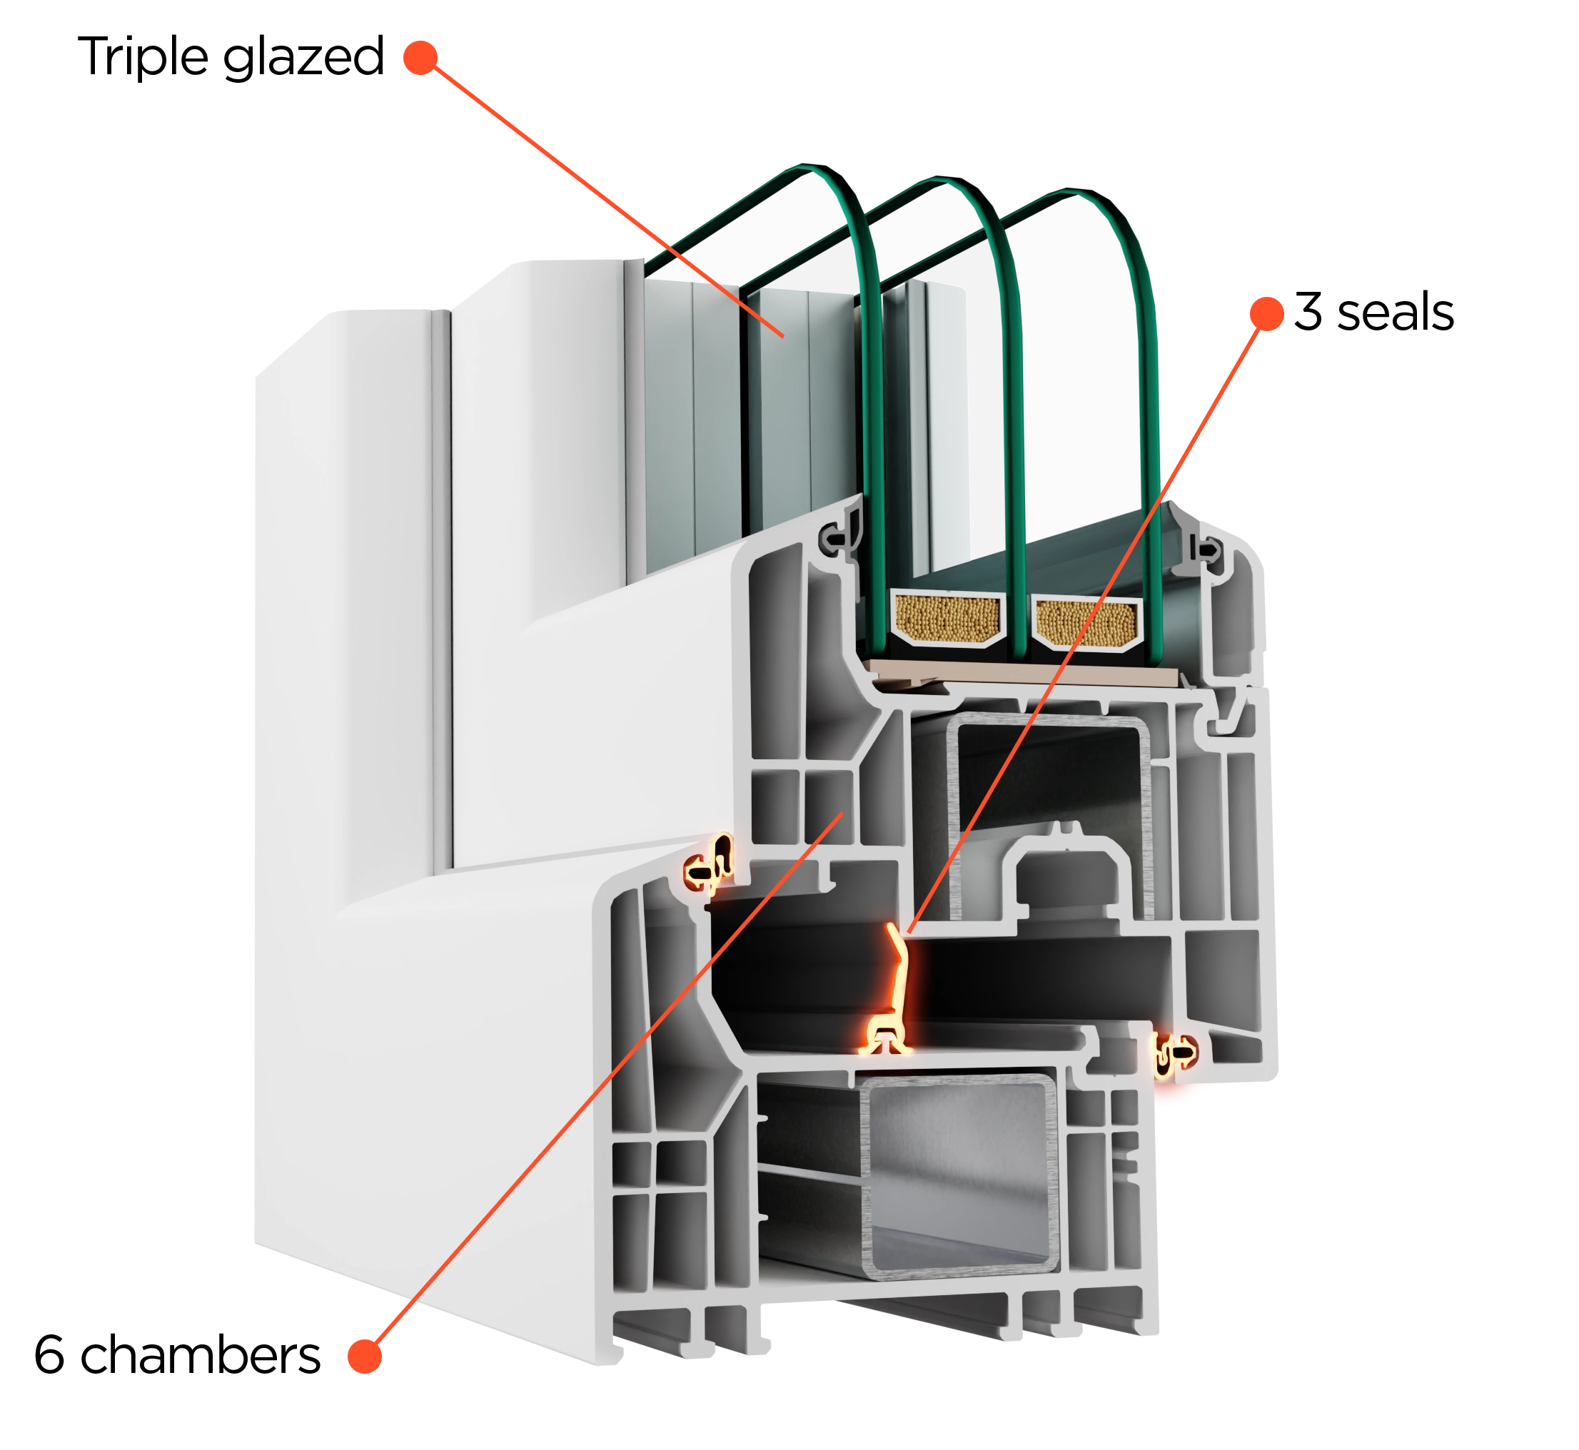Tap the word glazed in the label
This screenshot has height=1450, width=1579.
point(303,57)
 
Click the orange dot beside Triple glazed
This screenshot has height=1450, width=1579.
point(420,58)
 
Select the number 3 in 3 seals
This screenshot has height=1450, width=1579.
point(1308,312)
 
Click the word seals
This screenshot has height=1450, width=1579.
point(1396,313)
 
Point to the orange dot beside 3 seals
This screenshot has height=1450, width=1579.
point(1266,314)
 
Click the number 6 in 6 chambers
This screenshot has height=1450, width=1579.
point(49,1354)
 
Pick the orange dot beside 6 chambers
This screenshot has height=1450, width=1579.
point(365,1356)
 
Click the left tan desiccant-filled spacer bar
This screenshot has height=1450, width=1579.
point(948,617)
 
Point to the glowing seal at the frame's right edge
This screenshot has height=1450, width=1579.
point(1175,1054)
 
